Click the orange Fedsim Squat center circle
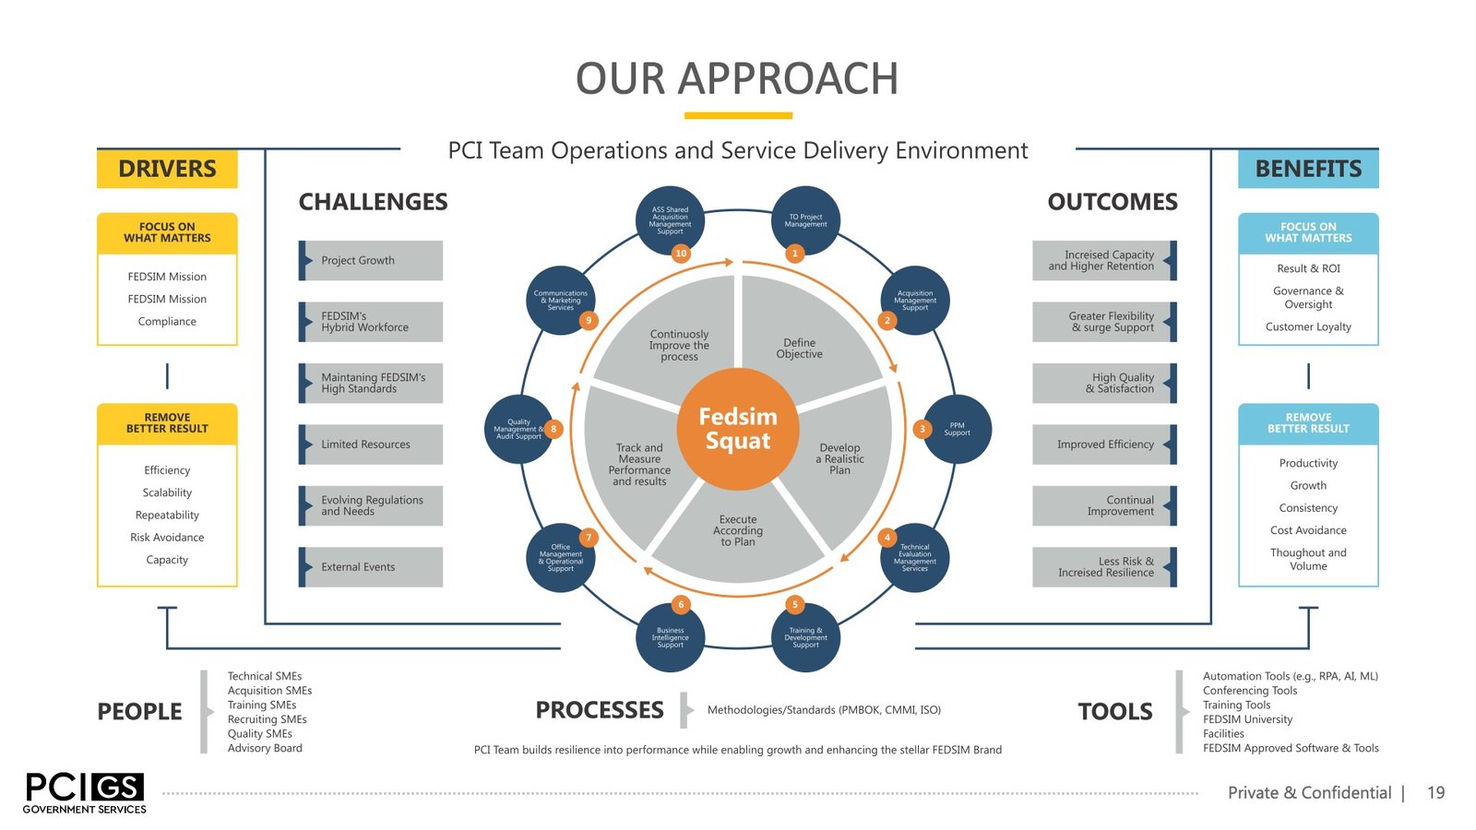point(738,429)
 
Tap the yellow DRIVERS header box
point(167,169)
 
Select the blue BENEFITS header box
point(1308,169)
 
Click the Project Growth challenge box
point(371,260)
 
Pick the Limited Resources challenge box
point(371,445)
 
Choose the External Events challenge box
point(371,567)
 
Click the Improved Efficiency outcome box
point(1104,445)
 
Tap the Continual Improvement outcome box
point(1104,505)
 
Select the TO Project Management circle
point(805,219)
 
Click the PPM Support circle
point(958,429)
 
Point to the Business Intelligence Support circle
point(670,637)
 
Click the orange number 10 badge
point(681,253)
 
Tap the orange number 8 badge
point(553,429)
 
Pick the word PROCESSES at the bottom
point(600,710)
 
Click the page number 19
point(1435,793)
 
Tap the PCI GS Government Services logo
point(84,792)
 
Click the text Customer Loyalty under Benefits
point(1308,326)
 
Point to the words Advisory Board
point(265,748)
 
